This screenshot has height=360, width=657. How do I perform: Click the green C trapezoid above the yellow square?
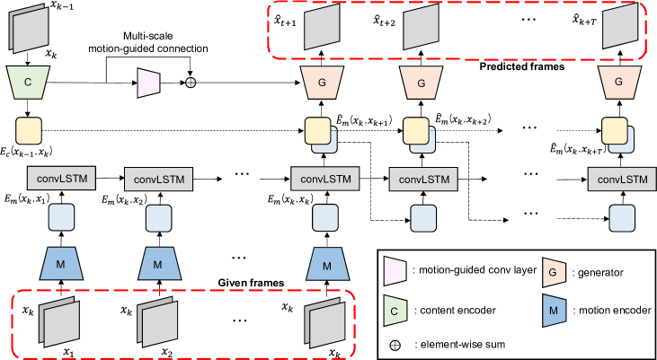(29, 83)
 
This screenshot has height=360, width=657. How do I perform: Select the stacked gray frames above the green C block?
(29, 29)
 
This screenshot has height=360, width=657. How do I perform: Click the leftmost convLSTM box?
(61, 178)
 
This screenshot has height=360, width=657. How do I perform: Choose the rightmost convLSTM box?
(622, 179)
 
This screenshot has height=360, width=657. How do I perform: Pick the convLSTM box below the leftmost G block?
(325, 179)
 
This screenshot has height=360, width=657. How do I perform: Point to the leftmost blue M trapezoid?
(61, 265)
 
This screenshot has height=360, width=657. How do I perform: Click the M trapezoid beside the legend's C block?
(555, 311)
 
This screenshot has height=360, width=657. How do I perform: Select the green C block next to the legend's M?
(395, 311)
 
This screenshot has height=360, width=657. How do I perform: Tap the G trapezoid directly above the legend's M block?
(555, 272)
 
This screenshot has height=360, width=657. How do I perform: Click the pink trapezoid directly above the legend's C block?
(395, 271)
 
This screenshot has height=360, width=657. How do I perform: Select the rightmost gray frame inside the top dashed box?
(618, 28)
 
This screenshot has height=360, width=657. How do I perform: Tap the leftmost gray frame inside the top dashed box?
(321, 29)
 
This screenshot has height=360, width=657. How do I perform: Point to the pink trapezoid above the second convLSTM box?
(148, 83)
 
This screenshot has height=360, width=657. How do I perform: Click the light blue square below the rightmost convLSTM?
(622, 219)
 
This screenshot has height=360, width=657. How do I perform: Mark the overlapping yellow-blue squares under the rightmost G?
(617, 135)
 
